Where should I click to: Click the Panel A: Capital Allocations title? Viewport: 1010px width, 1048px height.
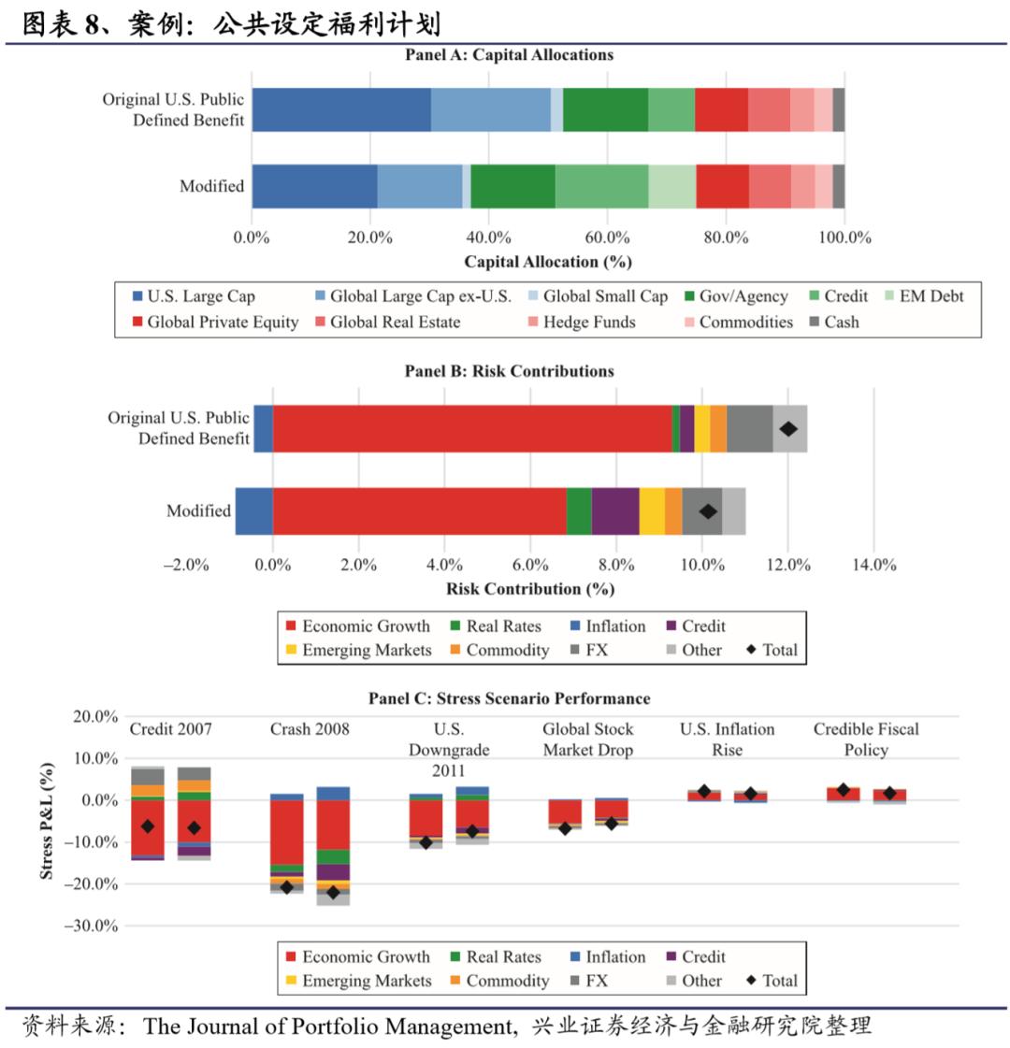tap(509, 54)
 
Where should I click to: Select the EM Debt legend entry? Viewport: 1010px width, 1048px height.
tap(931, 296)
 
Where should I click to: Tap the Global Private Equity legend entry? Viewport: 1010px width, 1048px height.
tap(223, 323)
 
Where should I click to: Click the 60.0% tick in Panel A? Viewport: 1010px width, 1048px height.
tap(608, 237)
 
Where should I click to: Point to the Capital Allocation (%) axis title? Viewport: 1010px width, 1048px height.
tap(548, 262)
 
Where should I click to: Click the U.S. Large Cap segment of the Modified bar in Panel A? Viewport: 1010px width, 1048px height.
tap(314, 186)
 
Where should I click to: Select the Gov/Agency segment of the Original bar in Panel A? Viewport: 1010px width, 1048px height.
tap(605, 109)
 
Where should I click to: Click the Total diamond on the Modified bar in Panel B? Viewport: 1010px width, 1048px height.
tap(708, 511)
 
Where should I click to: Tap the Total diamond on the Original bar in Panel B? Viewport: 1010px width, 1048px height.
tap(788, 429)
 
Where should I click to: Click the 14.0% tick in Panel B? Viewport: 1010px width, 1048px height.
tap(873, 565)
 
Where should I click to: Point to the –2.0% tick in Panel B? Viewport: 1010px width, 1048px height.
tap(185, 565)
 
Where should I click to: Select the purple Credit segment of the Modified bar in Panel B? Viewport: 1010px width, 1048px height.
tap(615, 511)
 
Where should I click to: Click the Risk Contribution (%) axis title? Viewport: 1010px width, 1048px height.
tap(530, 589)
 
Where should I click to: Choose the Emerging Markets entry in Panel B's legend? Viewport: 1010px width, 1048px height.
tap(367, 650)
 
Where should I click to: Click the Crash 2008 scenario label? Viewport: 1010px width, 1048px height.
tap(310, 729)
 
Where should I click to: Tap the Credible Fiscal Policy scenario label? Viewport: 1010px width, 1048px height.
tap(866, 739)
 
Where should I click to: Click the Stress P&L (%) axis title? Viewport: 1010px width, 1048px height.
tap(47, 820)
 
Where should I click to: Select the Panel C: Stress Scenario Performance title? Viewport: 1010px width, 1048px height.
tap(509, 698)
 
